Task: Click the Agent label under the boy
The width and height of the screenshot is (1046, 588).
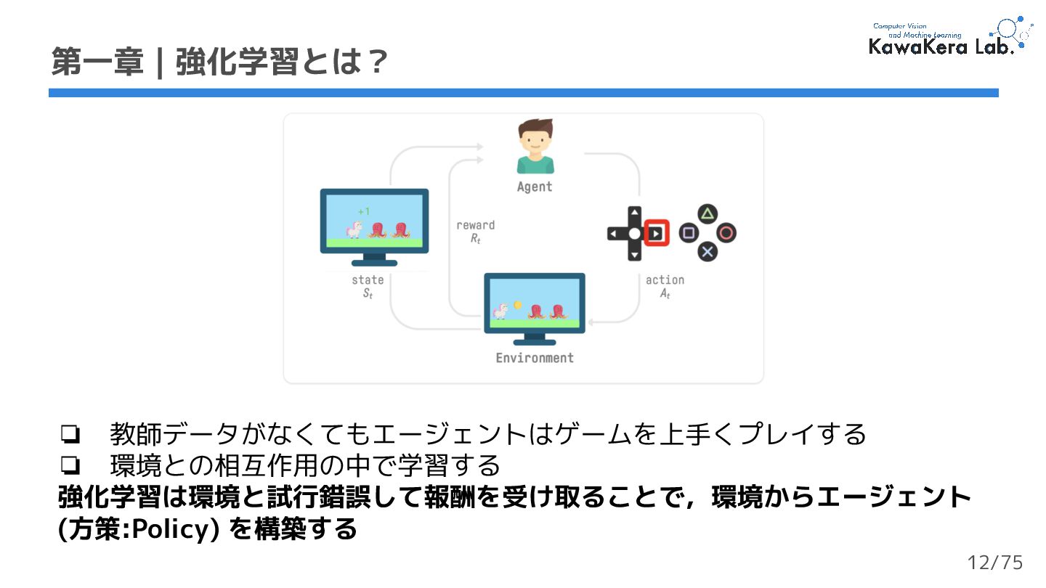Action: point(534,187)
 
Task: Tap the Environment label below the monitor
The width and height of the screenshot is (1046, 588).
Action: point(535,357)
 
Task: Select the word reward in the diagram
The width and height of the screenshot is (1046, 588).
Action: point(475,225)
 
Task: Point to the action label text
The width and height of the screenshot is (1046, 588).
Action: point(665,280)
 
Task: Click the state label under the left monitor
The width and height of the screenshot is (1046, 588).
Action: point(368,279)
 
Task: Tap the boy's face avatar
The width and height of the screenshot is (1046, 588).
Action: point(535,142)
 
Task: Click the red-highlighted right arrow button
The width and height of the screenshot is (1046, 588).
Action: point(656,233)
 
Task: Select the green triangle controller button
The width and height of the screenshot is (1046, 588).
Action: point(708,213)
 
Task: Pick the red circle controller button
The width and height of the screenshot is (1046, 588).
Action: point(726,233)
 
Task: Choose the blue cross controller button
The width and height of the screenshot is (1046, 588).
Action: point(708,252)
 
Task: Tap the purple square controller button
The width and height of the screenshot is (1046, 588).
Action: point(688,233)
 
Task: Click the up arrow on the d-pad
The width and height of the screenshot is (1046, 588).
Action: point(635,213)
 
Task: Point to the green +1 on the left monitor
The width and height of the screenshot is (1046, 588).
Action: point(364,211)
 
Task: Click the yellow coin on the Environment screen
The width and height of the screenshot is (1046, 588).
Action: point(517,304)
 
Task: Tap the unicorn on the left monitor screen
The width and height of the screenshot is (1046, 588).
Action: point(354,229)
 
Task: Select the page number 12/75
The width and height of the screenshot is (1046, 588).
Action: point(995,563)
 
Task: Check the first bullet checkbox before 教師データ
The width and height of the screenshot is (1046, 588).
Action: point(70,434)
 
